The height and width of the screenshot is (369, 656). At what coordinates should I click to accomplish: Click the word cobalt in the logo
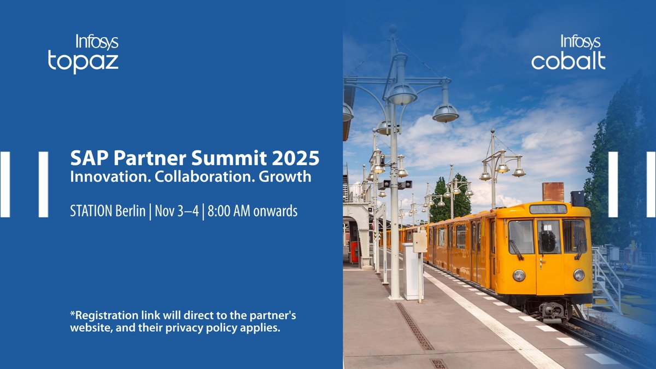[x=568, y=61]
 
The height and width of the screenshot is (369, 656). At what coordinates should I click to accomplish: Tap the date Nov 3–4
[x=173, y=211]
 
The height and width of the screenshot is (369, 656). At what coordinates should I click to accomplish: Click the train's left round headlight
[x=519, y=276]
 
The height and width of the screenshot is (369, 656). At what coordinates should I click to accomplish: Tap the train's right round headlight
[x=578, y=274]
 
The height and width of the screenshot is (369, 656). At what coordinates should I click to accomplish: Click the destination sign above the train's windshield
[x=548, y=209]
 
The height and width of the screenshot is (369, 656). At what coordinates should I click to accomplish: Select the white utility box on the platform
[x=412, y=271]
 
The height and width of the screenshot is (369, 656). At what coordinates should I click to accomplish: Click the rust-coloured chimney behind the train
[x=553, y=192]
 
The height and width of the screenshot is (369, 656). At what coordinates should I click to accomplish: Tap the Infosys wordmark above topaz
[x=96, y=42]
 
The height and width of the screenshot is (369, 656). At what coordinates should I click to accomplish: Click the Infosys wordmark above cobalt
[x=581, y=42]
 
